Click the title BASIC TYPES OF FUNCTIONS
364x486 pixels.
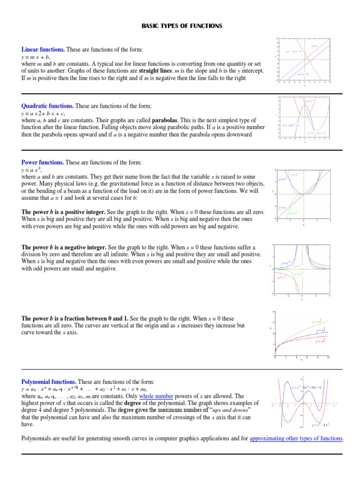(182, 26)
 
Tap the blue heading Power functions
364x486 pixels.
(43, 162)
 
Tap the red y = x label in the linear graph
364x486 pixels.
(314, 46)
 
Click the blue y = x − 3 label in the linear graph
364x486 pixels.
(303, 74)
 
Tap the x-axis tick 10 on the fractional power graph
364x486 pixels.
(328, 357)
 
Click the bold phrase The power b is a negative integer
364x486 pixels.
(64, 248)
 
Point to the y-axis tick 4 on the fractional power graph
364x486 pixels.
(273, 312)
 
